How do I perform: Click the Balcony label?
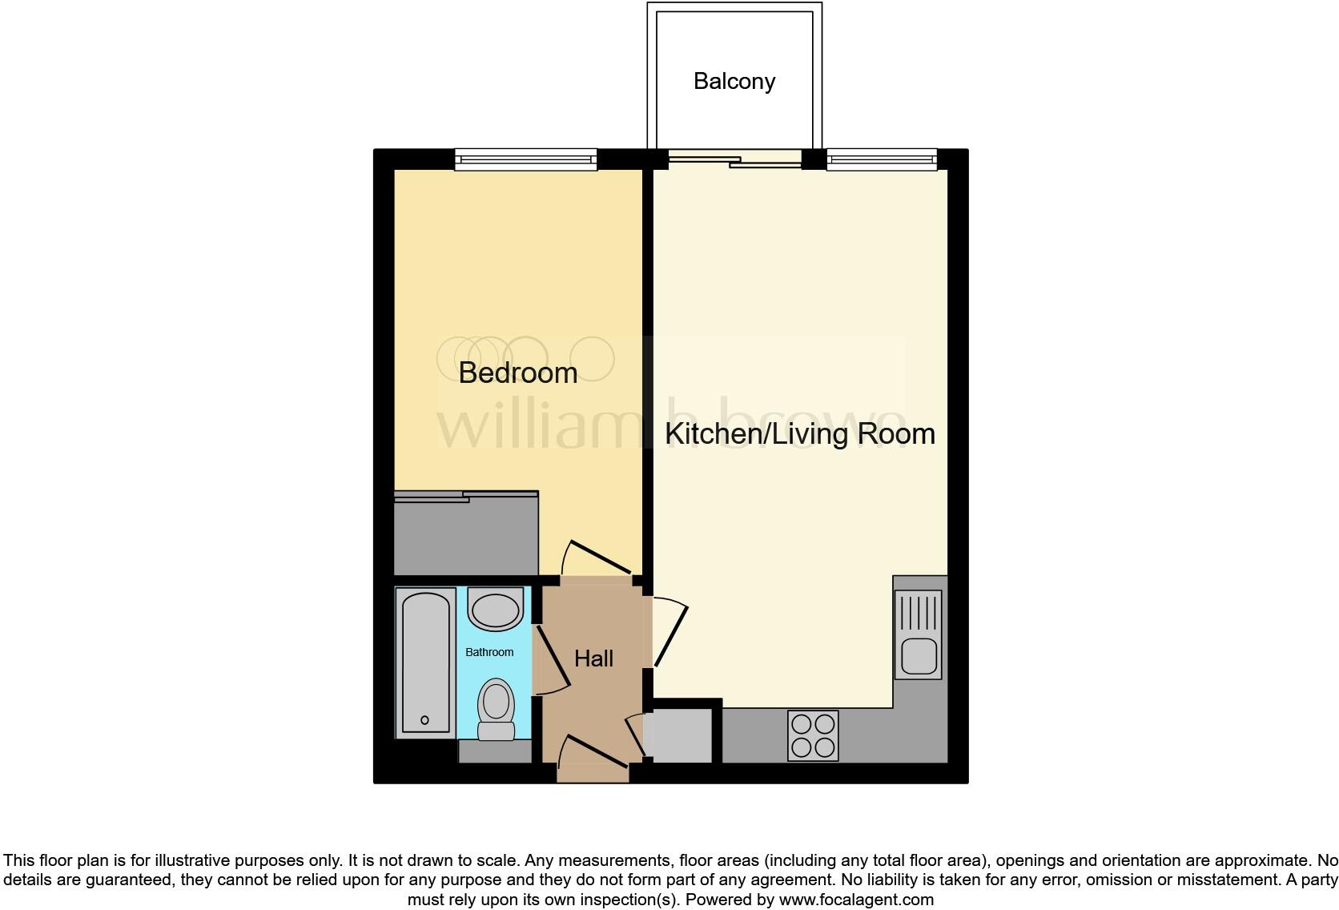click(x=734, y=82)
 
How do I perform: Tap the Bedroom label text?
click(x=517, y=372)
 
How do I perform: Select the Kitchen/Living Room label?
click(x=799, y=433)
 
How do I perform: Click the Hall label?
click(x=593, y=658)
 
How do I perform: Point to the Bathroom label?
click(x=489, y=652)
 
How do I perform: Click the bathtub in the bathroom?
click(x=425, y=662)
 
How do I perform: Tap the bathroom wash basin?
click(x=497, y=610)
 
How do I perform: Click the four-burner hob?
click(x=813, y=735)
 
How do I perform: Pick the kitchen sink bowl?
click(x=919, y=658)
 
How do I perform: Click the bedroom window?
click(x=526, y=160)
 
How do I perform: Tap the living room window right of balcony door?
click(x=881, y=160)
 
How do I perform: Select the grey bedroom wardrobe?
click(x=466, y=534)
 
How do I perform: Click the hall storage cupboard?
click(x=680, y=735)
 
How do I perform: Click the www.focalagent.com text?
click(x=856, y=900)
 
